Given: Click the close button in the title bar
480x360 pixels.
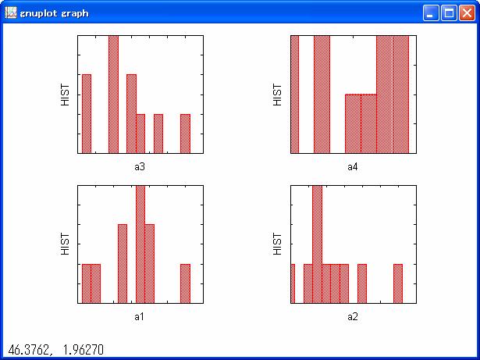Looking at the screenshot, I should tap(466, 13).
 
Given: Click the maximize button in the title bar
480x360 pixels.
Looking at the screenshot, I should tap(449, 13).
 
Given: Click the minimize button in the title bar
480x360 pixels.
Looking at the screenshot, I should tap(432, 13).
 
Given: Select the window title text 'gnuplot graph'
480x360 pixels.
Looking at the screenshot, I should tap(54, 13).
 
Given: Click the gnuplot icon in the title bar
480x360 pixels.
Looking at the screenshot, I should tap(11, 13).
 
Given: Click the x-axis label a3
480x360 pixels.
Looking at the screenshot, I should tap(140, 166).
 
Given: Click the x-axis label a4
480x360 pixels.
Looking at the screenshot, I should tap(353, 166).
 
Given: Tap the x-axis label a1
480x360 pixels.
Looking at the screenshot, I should tap(140, 316).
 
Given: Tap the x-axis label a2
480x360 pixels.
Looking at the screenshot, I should tap(353, 316).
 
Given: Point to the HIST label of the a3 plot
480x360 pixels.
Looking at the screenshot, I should tap(66, 94).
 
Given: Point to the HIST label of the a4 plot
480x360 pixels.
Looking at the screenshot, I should tap(278, 94).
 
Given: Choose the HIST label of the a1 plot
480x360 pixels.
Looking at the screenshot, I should tap(66, 244).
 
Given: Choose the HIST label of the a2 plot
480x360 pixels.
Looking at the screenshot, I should tap(278, 244).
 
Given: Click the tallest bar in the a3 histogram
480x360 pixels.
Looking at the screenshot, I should tap(113, 94).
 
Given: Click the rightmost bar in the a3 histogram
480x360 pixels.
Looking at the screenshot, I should tap(185, 134).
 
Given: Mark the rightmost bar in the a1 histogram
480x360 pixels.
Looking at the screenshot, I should tap(185, 283).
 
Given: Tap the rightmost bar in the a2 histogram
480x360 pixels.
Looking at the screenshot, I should tap(397, 283).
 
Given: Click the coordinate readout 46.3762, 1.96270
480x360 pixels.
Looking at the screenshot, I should tap(55, 350).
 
